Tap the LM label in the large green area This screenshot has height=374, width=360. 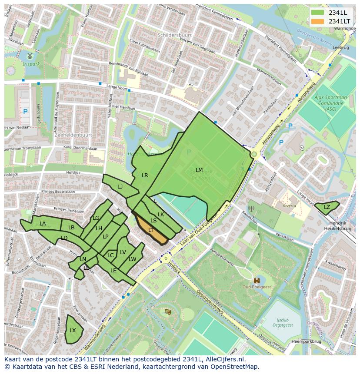coord(199,170)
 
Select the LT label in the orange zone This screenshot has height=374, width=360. coord(151,230)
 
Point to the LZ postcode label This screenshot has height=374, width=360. coord(327,207)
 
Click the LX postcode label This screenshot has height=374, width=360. coord(73,331)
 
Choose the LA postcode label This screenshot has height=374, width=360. coord(43,224)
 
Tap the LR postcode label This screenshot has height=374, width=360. coord(145,175)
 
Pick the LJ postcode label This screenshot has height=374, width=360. coord(120,187)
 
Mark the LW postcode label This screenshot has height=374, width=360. coord(133,259)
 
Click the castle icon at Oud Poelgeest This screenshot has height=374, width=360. coord(257,281)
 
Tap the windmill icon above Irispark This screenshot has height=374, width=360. coord(30,56)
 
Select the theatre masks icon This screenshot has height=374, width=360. coord(168,311)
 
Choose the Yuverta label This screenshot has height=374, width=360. coord(289,205)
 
